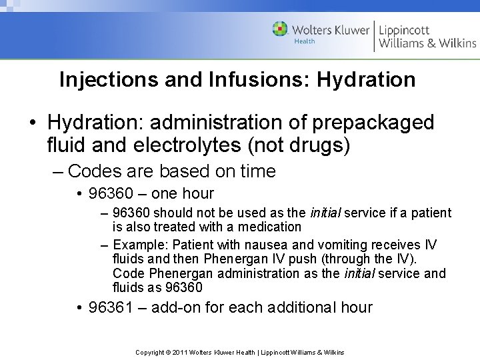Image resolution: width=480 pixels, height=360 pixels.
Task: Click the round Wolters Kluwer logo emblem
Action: [x=280, y=29]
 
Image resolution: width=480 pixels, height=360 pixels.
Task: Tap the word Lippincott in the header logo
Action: [x=405, y=30]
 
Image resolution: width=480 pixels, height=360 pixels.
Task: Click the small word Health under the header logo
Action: [x=305, y=41]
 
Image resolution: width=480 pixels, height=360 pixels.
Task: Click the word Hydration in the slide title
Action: [x=366, y=80]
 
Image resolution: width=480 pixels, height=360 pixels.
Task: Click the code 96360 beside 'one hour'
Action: [x=112, y=194]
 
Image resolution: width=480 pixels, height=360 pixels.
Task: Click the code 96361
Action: [x=112, y=307]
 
